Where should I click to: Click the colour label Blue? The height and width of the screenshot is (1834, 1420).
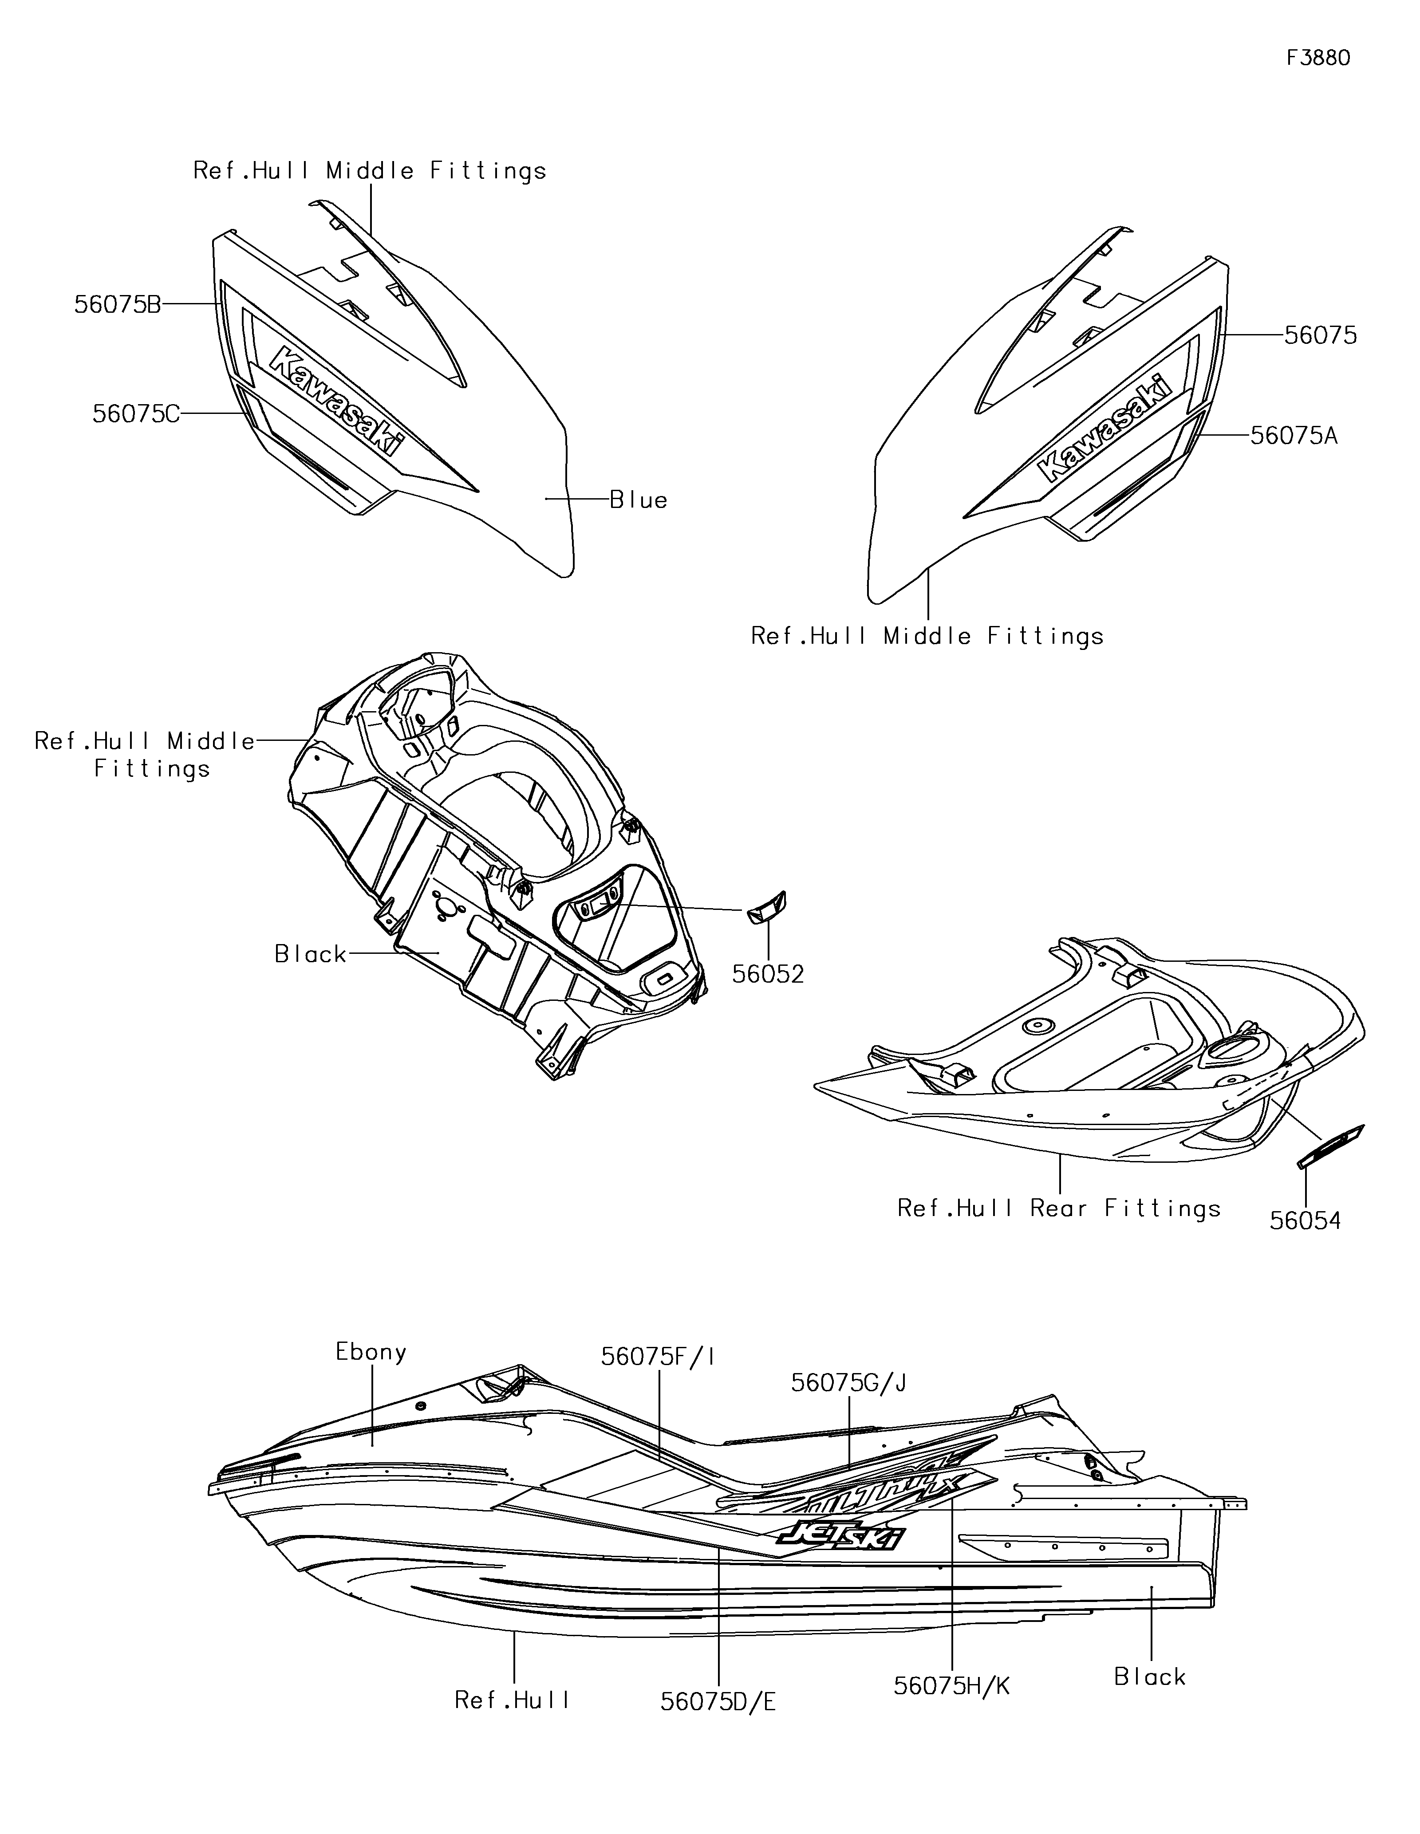638,500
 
